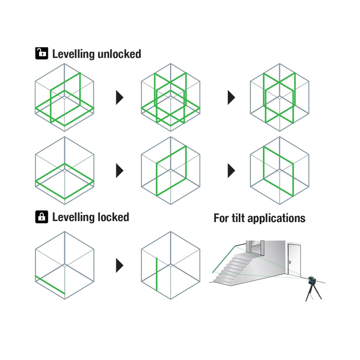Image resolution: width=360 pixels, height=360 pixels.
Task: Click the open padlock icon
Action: (42, 53)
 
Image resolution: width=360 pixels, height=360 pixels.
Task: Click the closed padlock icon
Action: (42, 217)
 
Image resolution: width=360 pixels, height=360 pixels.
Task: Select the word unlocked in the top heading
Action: (119, 54)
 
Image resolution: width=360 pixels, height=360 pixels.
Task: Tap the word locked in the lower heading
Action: (114, 217)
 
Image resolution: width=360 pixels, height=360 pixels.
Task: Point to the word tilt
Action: (238, 218)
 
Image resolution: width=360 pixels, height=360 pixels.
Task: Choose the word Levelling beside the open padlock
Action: (74, 55)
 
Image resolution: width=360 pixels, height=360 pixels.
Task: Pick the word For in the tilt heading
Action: (221, 218)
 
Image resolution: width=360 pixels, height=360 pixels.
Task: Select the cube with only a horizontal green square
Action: (64, 170)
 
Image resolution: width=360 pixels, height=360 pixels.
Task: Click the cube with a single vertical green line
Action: (171, 265)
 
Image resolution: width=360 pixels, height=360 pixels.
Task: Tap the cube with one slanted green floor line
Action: (64, 265)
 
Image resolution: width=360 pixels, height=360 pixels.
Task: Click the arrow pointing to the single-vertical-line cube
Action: (120, 265)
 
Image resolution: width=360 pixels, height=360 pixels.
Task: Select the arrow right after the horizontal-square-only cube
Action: (120, 171)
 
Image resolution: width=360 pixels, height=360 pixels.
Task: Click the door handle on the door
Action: (290, 262)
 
